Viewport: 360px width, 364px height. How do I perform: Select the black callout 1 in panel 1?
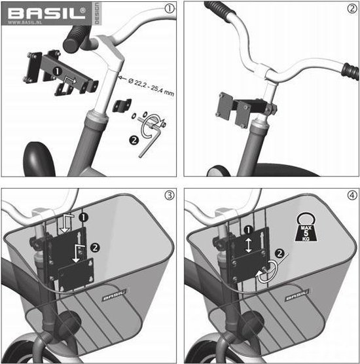[57, 69]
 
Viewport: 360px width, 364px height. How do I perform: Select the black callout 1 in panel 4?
[247, 230]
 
